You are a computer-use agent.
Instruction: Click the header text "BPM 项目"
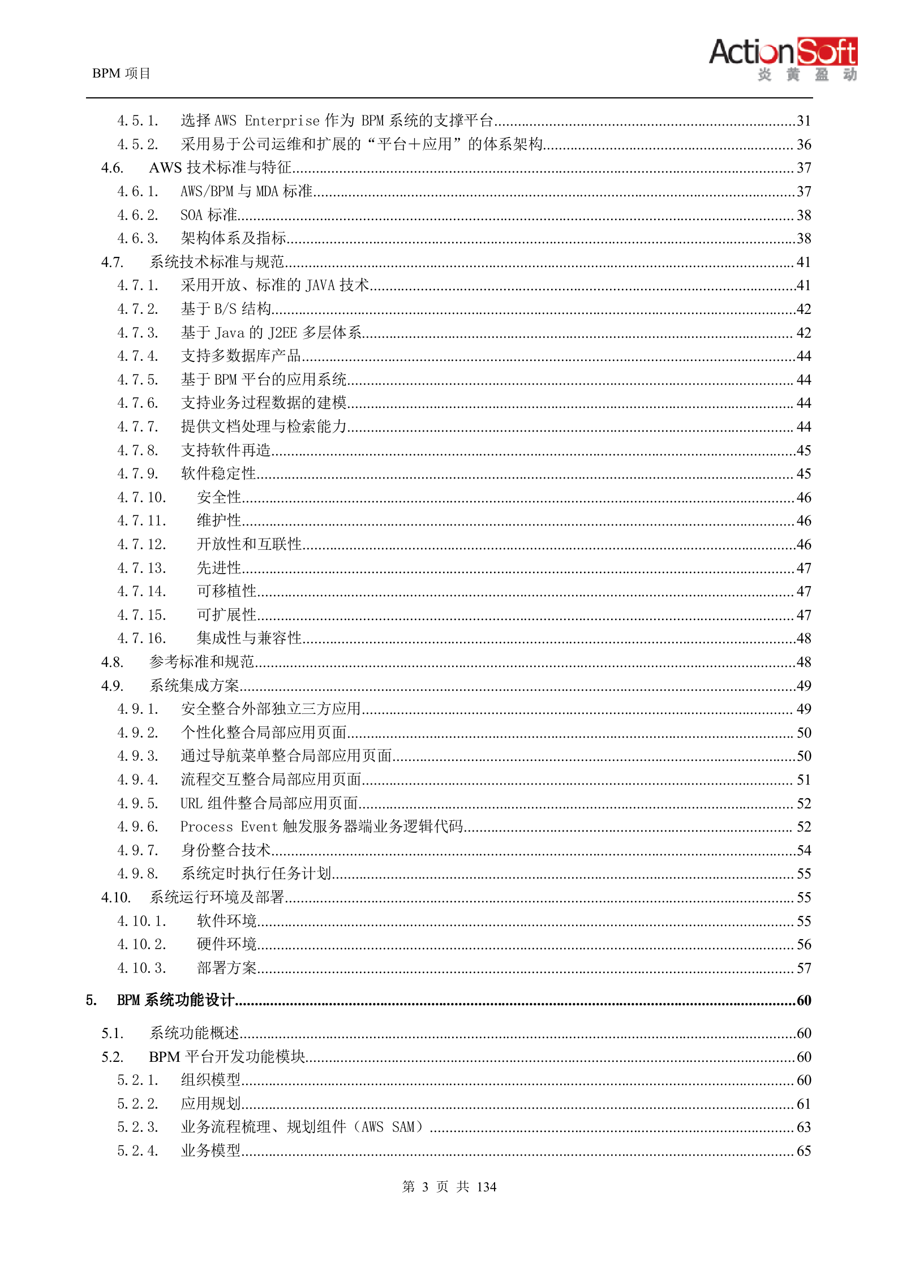(121, 74)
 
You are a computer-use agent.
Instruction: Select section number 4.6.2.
(138, 216)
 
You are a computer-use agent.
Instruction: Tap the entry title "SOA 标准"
(209, 216)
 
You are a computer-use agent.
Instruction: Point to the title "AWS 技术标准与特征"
(220, 168)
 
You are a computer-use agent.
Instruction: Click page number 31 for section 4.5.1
(804, 121)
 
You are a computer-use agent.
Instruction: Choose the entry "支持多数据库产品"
(240, 356)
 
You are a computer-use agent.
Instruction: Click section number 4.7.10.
(141, 498)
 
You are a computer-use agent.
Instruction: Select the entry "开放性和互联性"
(249, 545)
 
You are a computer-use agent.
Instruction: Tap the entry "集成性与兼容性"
(249, 639)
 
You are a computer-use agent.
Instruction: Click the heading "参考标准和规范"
(202, 662)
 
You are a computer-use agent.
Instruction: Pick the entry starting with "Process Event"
(321, 827)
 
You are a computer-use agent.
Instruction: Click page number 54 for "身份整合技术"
(804, 851)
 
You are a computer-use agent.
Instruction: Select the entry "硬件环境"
(227, 945)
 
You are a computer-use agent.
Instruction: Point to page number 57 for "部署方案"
(804, 968)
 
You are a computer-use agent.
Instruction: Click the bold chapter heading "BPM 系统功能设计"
(175, 1001)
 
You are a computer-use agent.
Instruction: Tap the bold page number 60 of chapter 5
(804, 1001)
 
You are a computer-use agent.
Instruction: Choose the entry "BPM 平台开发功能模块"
(227, 1057)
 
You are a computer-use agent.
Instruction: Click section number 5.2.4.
(138, 1151)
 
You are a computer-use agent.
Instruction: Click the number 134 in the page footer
(487, 1187)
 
